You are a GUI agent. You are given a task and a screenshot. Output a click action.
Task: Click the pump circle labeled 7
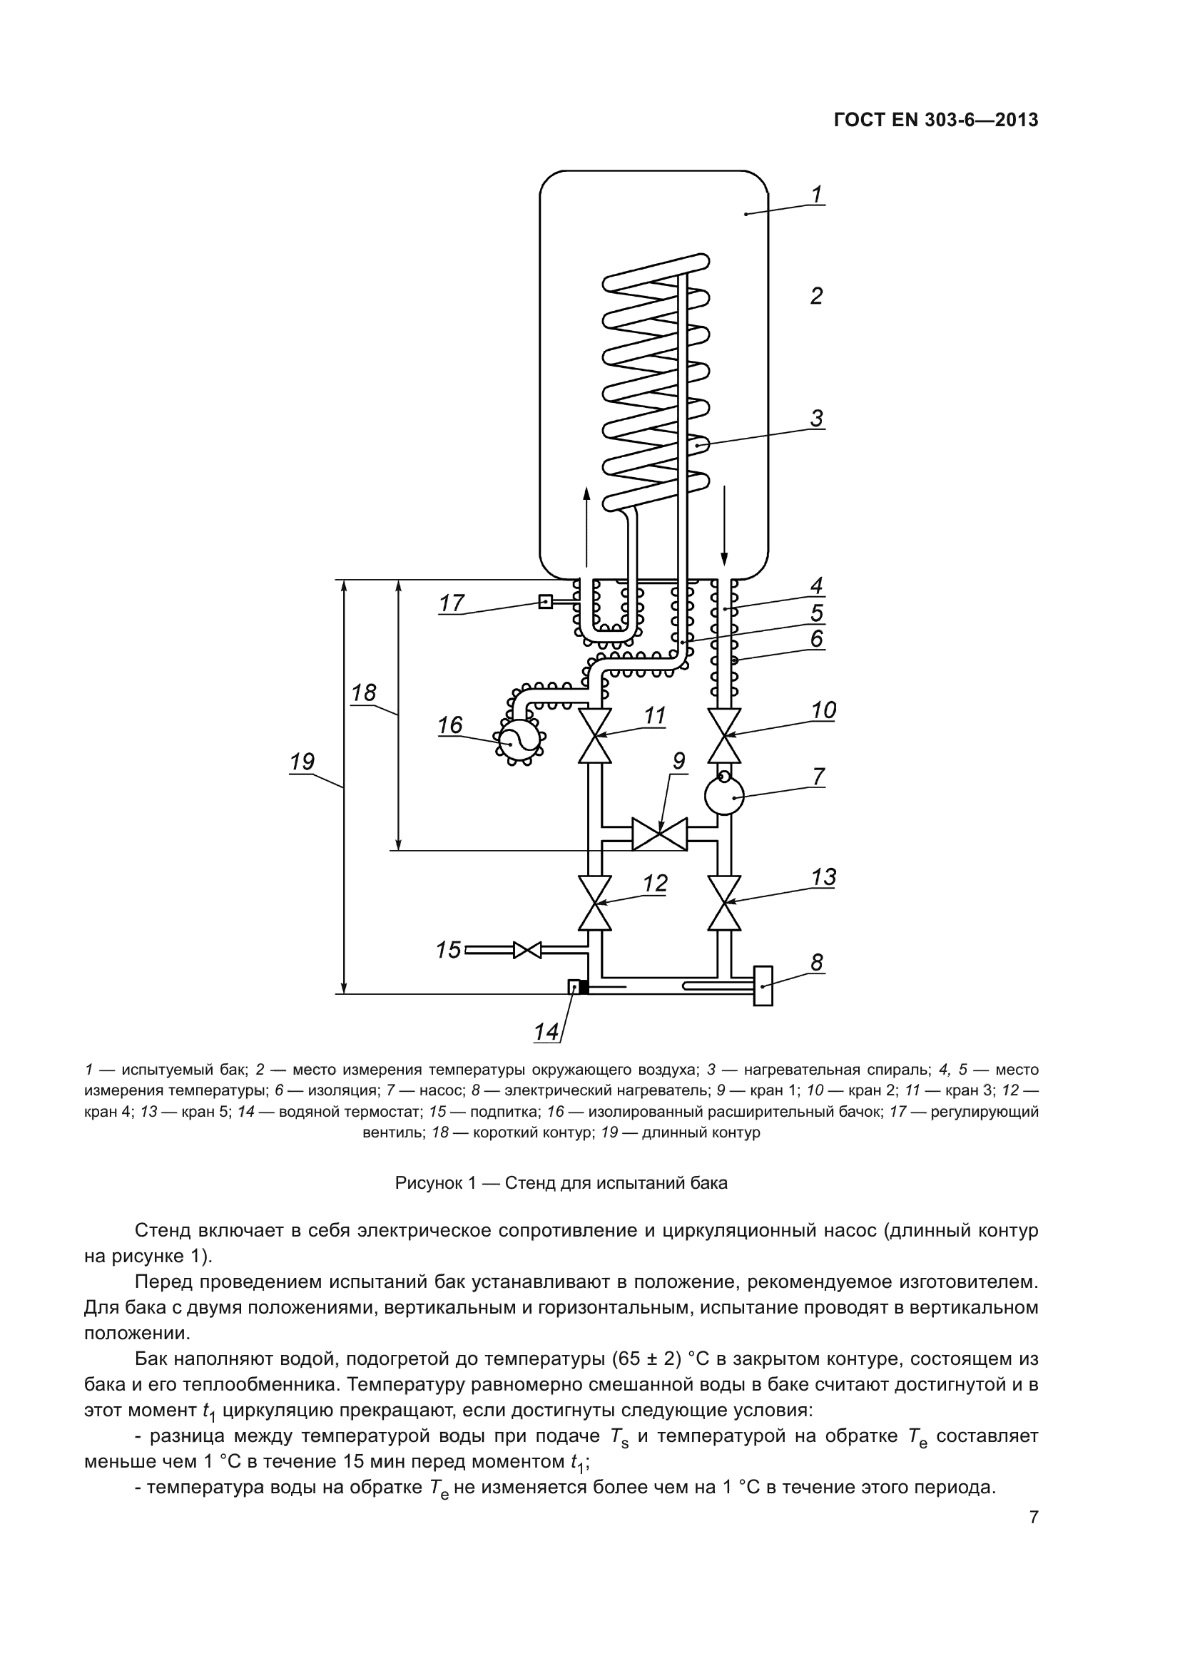coord(724,796)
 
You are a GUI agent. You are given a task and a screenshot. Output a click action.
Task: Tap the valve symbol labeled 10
coord(724,735)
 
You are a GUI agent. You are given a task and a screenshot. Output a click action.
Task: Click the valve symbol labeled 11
coord(594,735)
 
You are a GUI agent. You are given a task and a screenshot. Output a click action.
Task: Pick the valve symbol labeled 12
coord(594,903)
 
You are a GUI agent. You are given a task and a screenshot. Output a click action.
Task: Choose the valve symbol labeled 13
coord(724,903)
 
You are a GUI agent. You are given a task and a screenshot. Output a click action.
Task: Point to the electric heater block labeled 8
coord(763,986)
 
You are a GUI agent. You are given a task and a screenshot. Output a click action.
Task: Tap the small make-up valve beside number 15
coord(527,949)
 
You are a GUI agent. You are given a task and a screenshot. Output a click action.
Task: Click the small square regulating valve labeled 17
coord(545,602)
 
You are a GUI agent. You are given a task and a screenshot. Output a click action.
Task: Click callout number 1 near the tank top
coord(817,194)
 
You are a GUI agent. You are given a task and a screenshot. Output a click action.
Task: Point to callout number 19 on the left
coord(302,762)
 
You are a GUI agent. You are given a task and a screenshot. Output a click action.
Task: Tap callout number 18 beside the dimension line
coord(364,692)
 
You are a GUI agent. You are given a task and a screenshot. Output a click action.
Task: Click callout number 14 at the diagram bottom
coord(546,1032)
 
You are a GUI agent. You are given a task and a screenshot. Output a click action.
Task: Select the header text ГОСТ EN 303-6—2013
coord(936,121)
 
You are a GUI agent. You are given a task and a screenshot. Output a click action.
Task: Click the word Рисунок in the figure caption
coord(428,1182)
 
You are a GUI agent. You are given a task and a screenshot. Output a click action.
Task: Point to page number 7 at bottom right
coord(1034,1517)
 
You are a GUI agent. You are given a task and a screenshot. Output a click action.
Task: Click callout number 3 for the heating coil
coord(817,419)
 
